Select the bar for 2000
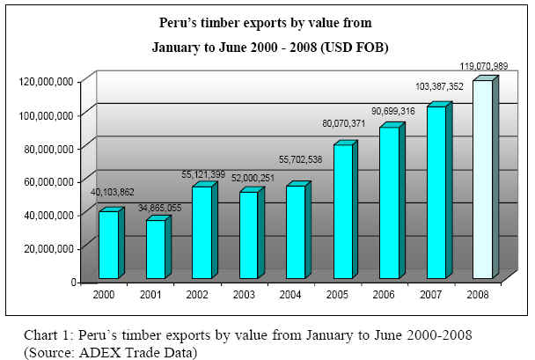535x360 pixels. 108,244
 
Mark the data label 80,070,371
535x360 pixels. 342,136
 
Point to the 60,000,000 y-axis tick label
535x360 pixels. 50,181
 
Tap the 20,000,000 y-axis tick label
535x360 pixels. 50,248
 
